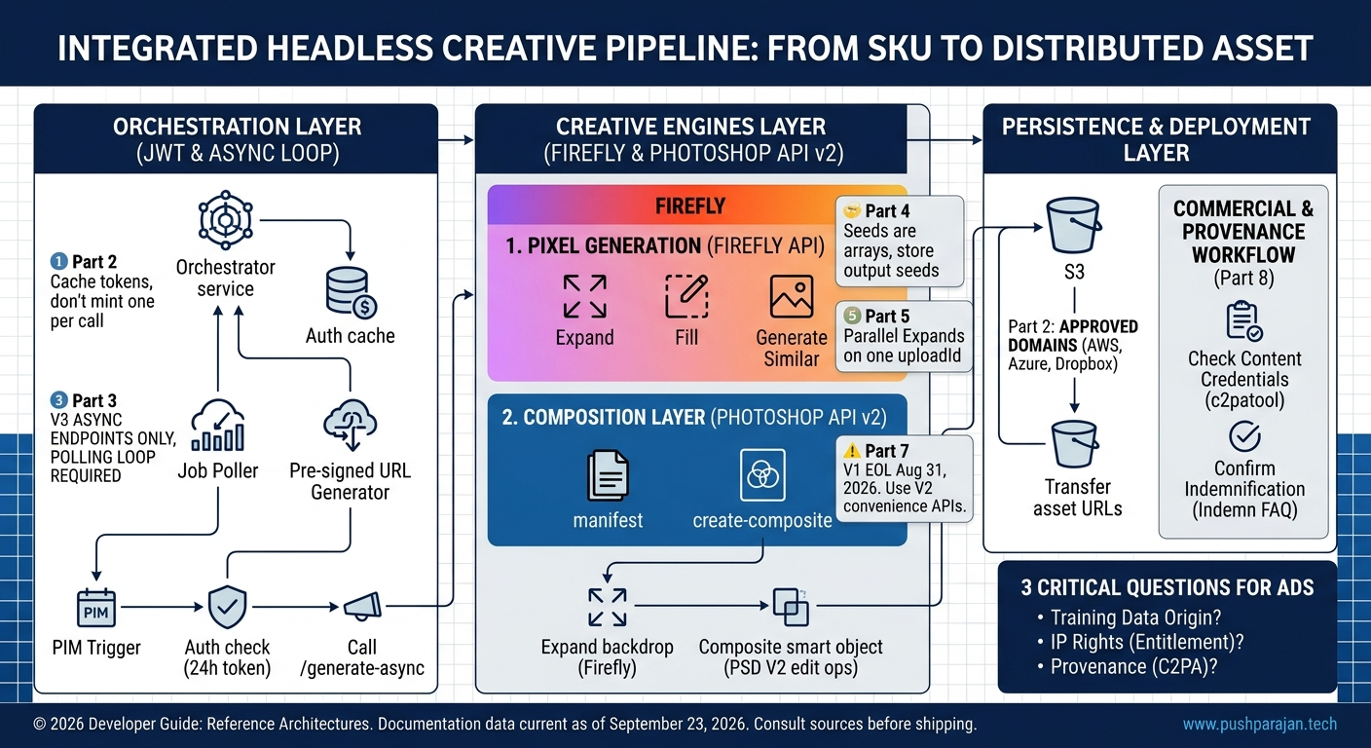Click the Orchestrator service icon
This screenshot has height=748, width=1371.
click(x=225, y=220)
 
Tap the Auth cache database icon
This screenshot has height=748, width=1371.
click(x=352, y=292)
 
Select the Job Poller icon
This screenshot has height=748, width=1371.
click(x=218, y=426)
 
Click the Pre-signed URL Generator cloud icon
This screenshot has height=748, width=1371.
click(x=350, y=425)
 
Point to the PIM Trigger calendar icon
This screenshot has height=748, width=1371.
click(x=96, y=608)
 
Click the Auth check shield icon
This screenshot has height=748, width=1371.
click(x=227, y=607)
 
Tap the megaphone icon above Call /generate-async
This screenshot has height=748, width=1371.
click(x=362, y=607)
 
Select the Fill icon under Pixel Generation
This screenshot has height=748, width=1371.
click(x=686, y=296)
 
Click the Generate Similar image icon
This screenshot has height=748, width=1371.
click(x=792, y=296)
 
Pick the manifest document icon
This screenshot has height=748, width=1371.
click(x=608, y=475)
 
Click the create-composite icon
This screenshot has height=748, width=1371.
click(x=762, y=475)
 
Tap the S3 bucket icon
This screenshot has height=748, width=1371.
click(x=1074, y=225)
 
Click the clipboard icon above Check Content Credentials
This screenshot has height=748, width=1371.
click(x=1244, y=320)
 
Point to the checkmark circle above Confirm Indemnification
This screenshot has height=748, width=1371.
click(x=1244, y=436)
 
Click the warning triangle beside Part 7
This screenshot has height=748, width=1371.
click(x=851, y=451)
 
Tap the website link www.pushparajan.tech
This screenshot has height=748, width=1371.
click(x=1260, y=724)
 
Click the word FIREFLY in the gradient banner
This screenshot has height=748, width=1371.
click(x=690, y=206)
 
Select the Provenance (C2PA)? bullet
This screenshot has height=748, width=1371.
click(x=1128, y=666)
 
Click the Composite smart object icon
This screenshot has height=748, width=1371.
click(x=791, y=607)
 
